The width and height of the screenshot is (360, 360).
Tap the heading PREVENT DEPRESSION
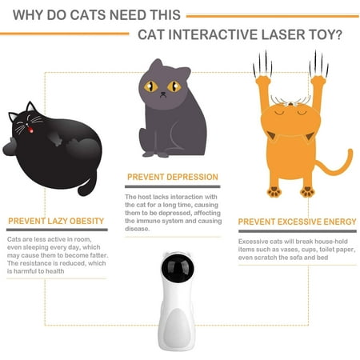173,177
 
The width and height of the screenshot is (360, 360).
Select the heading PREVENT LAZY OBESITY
56,221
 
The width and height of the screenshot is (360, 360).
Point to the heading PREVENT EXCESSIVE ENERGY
297,222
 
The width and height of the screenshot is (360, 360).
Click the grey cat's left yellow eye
151,86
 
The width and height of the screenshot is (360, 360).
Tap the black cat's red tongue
31,130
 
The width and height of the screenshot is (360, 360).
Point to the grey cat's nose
163,94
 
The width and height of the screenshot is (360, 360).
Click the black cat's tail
87,186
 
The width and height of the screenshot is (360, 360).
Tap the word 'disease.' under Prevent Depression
138,229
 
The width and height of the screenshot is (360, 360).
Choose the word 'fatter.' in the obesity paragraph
99,255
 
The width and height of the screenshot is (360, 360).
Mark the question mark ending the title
338,34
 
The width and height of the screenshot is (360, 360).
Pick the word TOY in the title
321,34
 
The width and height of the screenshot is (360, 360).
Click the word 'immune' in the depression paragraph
146,221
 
